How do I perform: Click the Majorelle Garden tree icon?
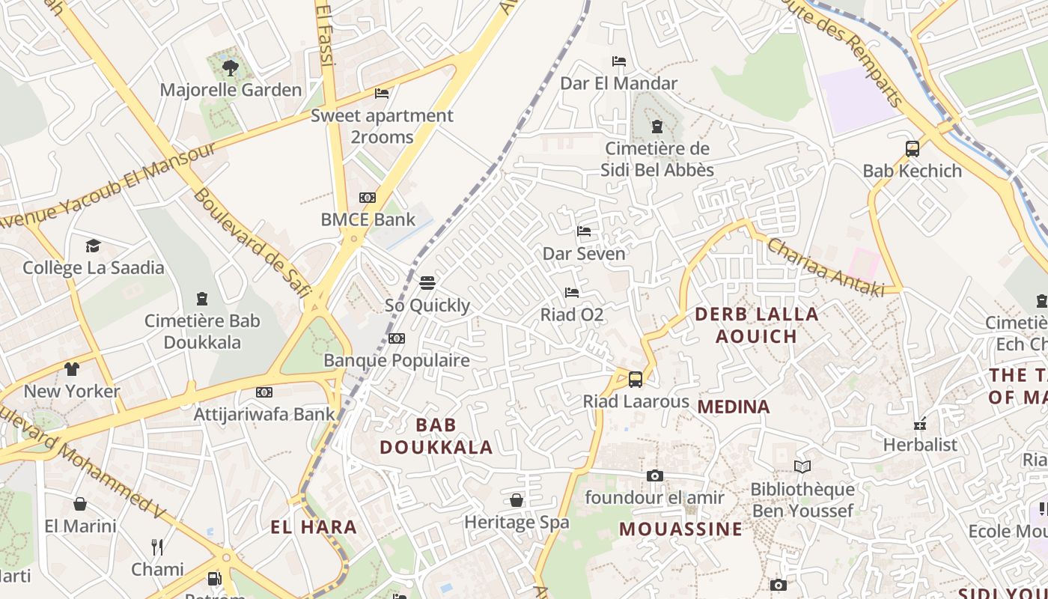(231, 68)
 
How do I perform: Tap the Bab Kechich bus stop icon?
(913, 148)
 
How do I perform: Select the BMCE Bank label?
(368, 219)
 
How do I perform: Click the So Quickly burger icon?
(427, 283)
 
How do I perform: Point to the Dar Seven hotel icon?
(584, 231)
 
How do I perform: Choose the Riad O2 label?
(572, 314)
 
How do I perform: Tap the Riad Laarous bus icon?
(636, 379)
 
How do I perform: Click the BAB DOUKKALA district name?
(436, 436)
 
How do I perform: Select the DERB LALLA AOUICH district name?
(757, 325)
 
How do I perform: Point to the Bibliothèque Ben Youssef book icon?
(802, 467)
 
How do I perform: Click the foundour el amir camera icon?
(655, 475)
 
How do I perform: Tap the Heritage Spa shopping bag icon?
(517, 499)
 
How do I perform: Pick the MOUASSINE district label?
(680, 529)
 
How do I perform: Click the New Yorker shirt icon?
(72, 368)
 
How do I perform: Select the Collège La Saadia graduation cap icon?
(93, 246)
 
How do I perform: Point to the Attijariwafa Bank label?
(264, 414)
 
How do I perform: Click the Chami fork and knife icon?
(157, 547)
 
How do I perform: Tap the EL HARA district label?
(314, 527)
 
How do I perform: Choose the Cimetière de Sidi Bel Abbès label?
(657, 159)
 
